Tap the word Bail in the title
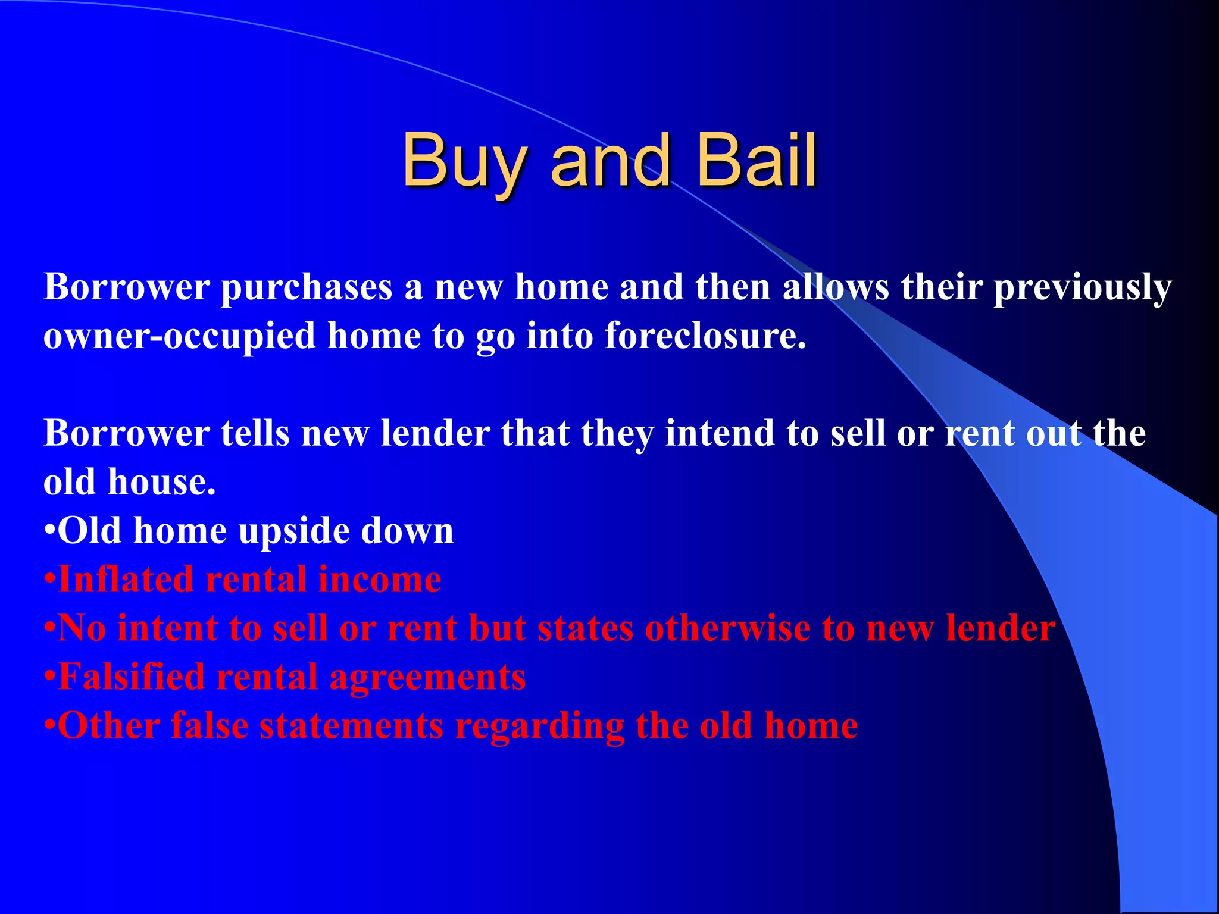click(x=756, y=159)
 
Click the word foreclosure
click(x=705, y=336)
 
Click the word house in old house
click(x=161, y=482)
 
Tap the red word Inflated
click(x=126, y=580)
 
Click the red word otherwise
click(x=727, y=628)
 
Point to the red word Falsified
click(x=132, y=677)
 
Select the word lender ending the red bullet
click(x=1001, y=628)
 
